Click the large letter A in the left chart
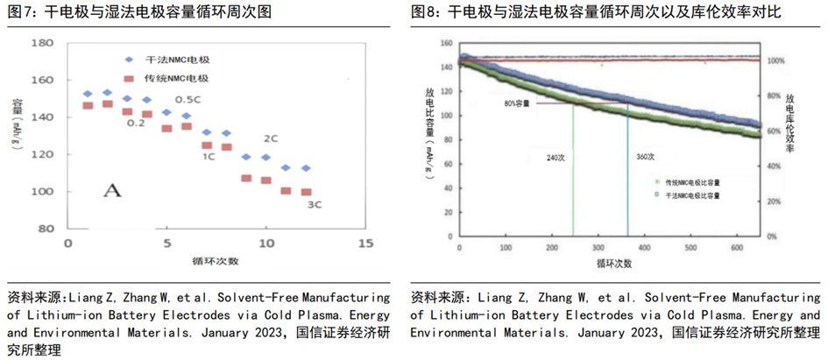click(111, 190)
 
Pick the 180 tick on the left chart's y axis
click(42, 42)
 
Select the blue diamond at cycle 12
click(306, 168)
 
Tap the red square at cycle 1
click(88, 106)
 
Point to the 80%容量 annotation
click(516, 103)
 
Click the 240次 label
click(556, 158)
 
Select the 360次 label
click(644, 158)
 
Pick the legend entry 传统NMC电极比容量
click(692, 183)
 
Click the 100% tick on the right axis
click(775, 61)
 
